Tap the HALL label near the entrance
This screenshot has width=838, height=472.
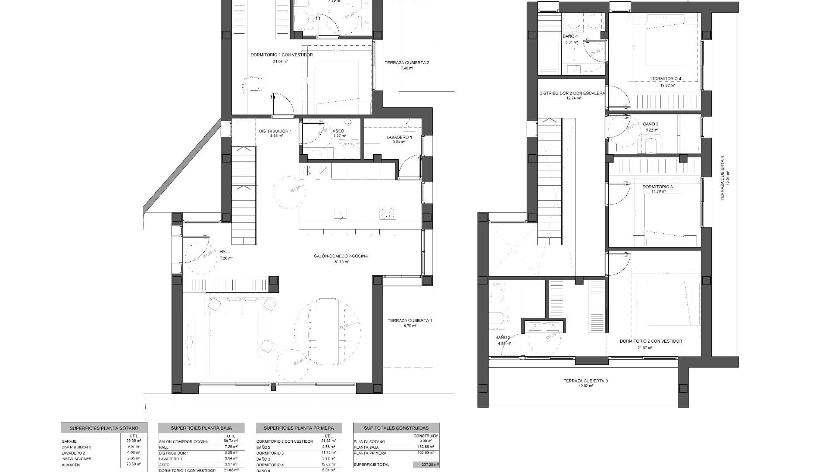pyautogui.click(x=225, y=252)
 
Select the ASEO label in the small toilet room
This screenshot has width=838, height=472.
pyautogui.click(x=338, y=131)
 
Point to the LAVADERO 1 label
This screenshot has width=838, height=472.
pyautogui.click(x=399, y=137)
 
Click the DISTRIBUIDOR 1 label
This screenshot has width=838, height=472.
pyautogui.click(x=275, y=131)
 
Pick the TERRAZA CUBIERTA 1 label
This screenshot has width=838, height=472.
pyautogui.click(x=410, y=320)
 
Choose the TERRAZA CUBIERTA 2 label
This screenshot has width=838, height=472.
pyautogui.click(x=407, y=63)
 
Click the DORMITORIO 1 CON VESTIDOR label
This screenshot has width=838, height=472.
pyautogui.click(x=282, y=55)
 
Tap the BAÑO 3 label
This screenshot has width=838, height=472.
pyautogui.click(x=651, y=124)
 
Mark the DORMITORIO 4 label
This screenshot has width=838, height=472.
pyautogui.click(x=666, y=79)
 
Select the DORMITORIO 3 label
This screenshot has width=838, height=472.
pyautogui.click(x=657, y=187)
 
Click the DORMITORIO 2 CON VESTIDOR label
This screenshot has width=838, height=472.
pyautogui.click(x=651, y=341)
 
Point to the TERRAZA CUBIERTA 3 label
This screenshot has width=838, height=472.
pyautogui.click(x=585, y=381)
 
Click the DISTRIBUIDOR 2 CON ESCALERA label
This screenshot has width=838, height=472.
pyautogui.click(x=572, y=93)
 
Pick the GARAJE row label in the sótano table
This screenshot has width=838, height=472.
pyautogui.click(x=69, y=441)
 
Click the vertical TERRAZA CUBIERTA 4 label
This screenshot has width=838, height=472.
pyautogui.click(x=722, y=178)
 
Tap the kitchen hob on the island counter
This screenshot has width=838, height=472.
pyautogui.click(x=388, y=213)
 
